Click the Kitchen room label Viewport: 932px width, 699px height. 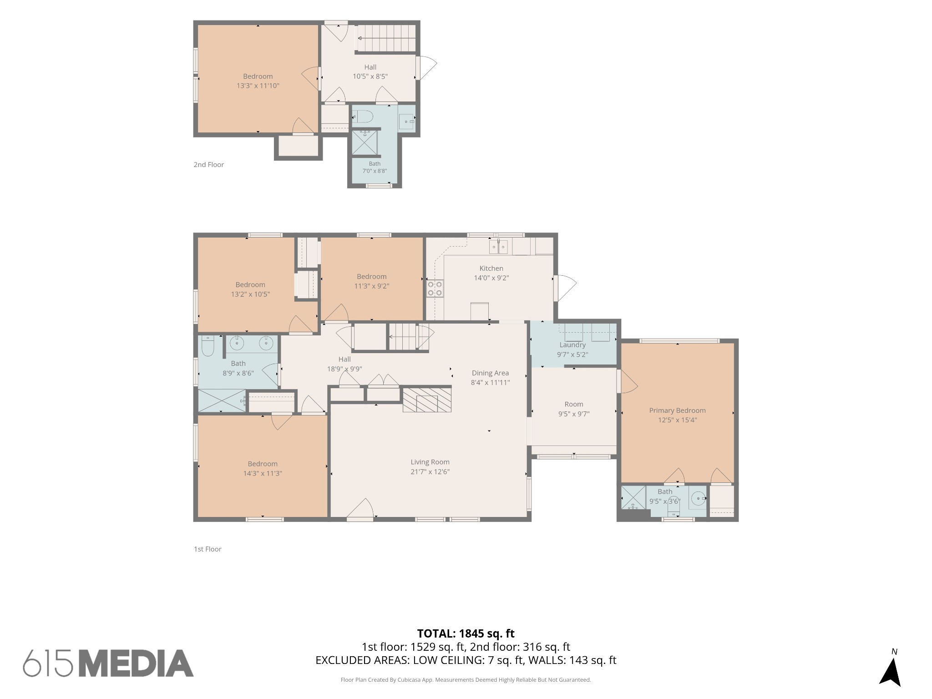491,268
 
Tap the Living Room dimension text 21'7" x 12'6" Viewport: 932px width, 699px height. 430,472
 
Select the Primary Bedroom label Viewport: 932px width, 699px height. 677,410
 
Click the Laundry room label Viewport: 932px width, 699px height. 572,345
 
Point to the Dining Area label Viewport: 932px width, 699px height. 490,373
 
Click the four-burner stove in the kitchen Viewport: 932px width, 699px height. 435,289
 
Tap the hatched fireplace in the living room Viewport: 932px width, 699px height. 427,400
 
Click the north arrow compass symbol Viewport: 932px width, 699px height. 890,674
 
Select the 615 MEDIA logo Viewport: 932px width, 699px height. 108,664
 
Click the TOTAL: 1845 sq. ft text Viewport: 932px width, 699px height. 466,633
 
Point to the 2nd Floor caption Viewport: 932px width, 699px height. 208,165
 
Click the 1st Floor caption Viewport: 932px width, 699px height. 208,549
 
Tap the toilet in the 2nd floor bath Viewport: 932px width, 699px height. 363,117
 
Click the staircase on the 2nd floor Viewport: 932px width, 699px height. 386,38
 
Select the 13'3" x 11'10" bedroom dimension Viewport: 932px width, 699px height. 258,86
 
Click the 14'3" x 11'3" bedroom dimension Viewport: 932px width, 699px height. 263,473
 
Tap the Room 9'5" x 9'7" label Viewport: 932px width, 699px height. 574,409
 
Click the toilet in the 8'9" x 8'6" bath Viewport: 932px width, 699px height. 208,346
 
